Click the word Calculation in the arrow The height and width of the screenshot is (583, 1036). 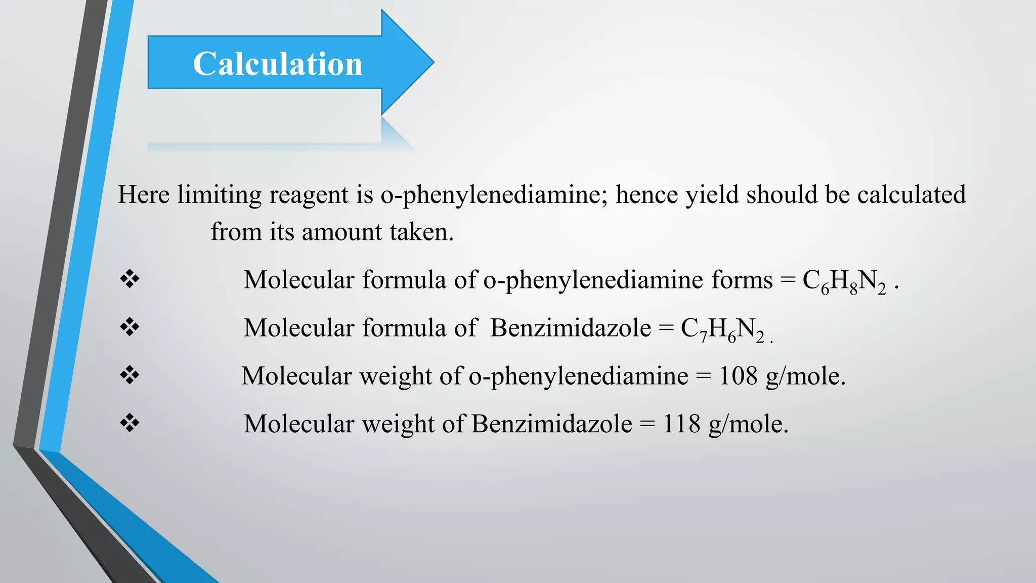point(278,64)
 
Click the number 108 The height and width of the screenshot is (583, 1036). point(738,376)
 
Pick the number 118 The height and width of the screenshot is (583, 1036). point(681,424)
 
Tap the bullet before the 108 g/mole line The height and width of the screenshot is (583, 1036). point(129,375)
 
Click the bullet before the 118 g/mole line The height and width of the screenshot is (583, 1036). point(129,423)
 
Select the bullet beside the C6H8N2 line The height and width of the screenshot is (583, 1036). point(129,279)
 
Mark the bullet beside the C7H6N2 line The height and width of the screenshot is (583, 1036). point(129,327)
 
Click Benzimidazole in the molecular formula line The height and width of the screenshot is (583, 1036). point(571,328)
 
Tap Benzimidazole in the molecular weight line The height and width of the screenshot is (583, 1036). point(551,424)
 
